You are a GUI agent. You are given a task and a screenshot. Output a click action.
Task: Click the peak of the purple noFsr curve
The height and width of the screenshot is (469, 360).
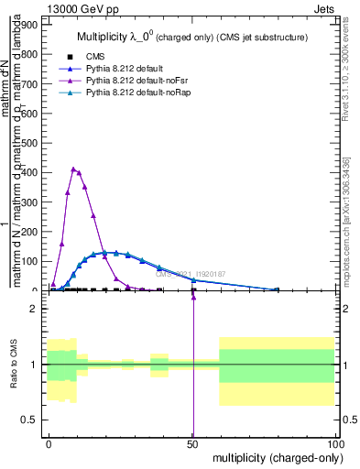point(73,169)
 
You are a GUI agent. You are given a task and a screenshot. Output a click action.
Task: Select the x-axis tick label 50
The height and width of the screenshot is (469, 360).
point(191,442)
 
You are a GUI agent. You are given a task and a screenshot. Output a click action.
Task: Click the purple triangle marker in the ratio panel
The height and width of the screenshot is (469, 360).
point(193,297)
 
